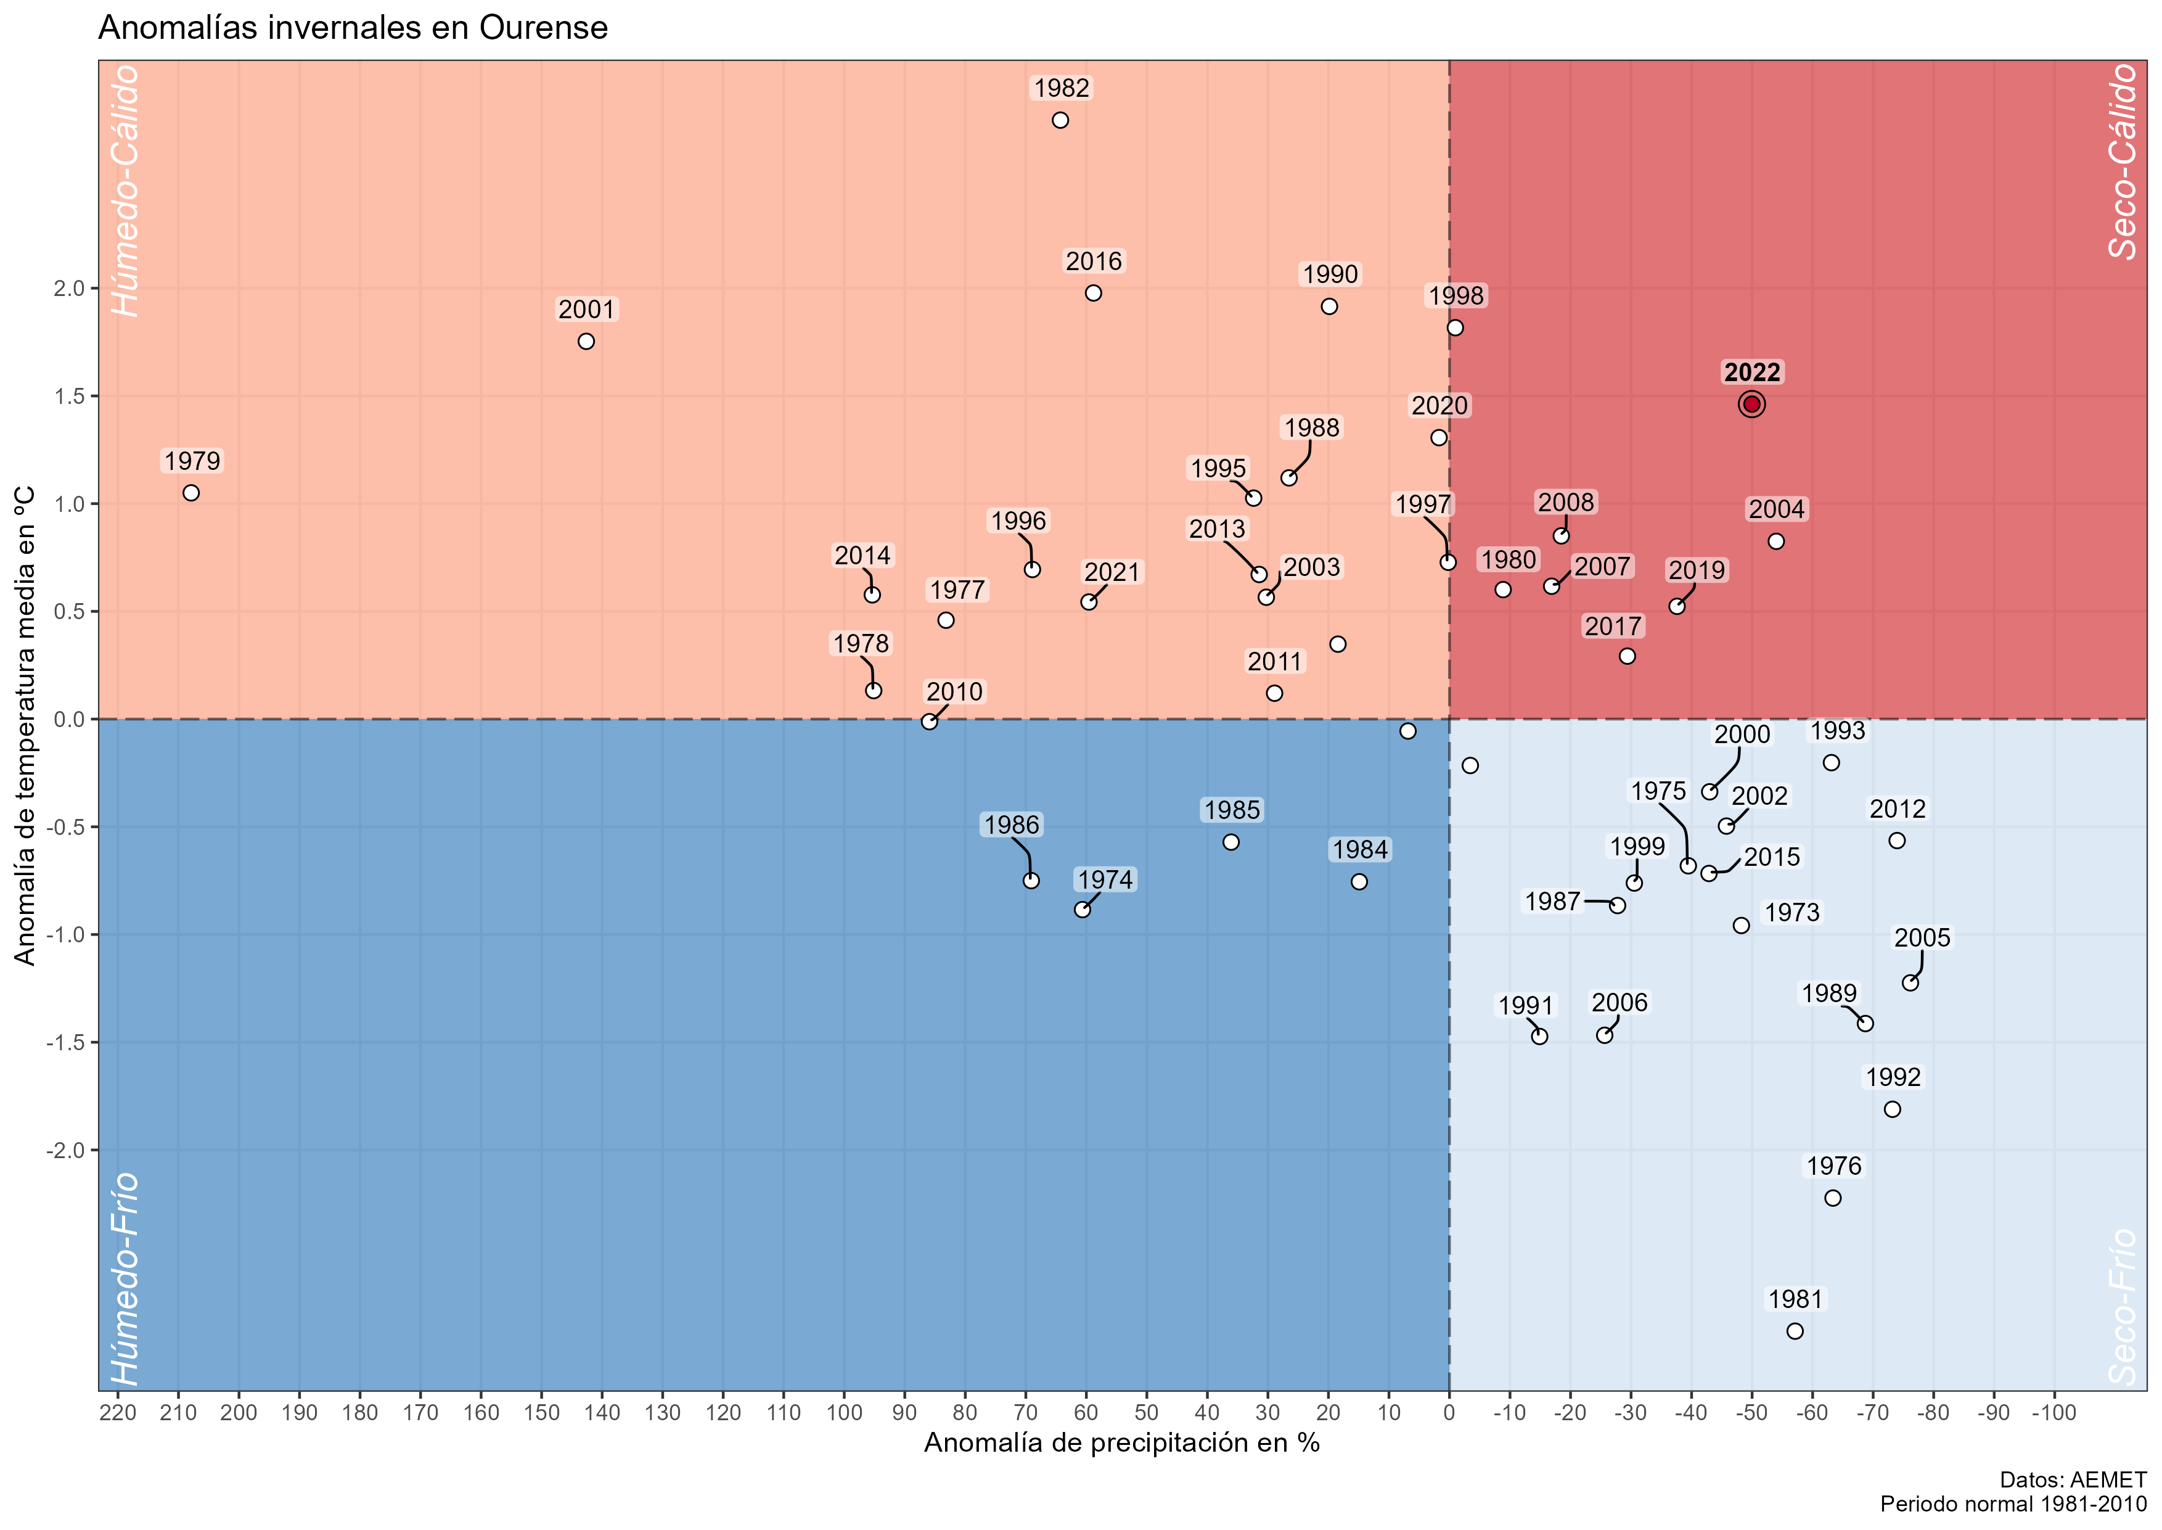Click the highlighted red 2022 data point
coord(1751,404)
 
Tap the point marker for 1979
coord(191,493)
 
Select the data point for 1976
coord(1832,1198)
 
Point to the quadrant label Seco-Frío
coord(2123,1306)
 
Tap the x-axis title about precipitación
coord(1121,1442)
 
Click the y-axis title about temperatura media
coord(25,725)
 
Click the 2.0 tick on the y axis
coord(69,288)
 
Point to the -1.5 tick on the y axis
coord(66,1042)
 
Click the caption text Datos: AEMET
coord(2073,1480)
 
